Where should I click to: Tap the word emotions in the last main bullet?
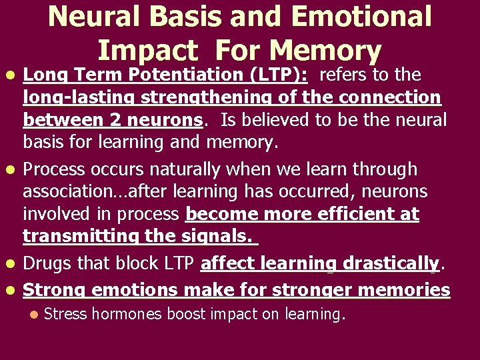(x=133, y=290)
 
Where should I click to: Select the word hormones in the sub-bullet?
(x=126, y=314)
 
